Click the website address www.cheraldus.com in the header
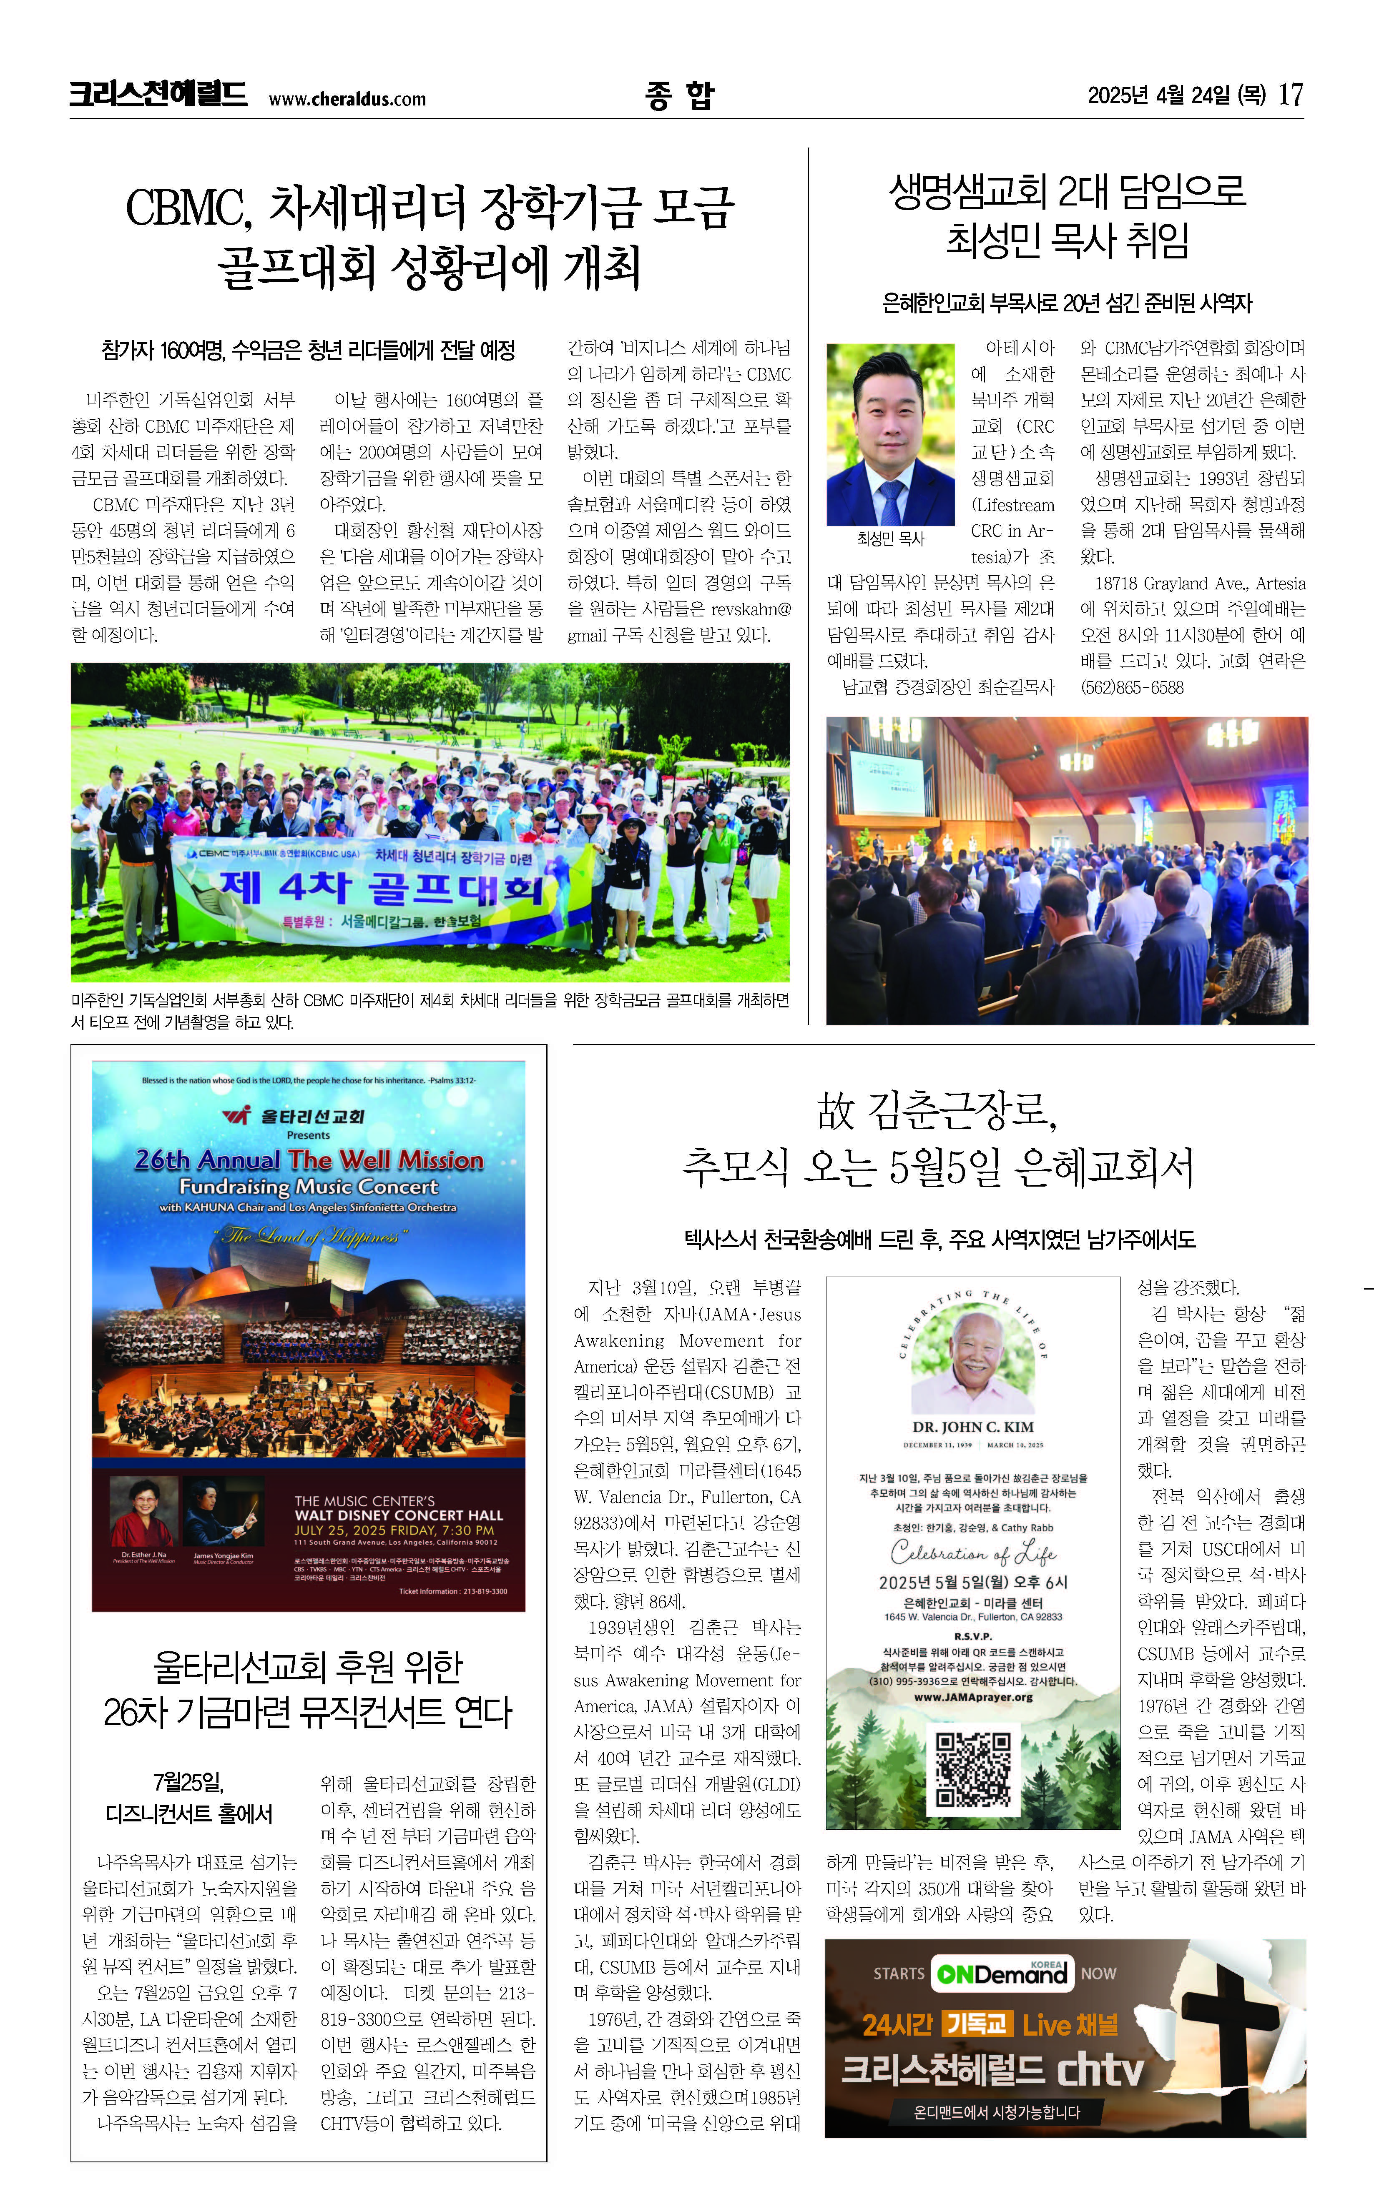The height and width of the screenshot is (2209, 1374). coord(347,100)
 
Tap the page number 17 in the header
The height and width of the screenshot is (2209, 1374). coord(1291,95)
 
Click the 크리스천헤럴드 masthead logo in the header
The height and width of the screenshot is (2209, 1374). coord(158,95)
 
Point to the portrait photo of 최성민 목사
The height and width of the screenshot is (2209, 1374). coord(889,434)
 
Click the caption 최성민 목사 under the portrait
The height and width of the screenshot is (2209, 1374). coord(889,538)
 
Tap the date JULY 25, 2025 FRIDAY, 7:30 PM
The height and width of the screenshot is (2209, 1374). coord(394,1530)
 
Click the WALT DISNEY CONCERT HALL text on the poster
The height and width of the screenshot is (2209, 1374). coord(398,1515)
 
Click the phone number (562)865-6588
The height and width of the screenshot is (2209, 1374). coord(1131,688)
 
